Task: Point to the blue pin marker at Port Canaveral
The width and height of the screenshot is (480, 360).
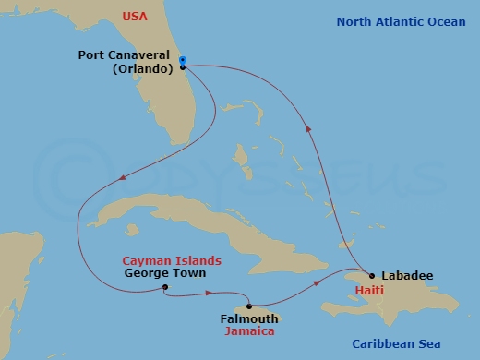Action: pyautogui.click(x=183, y=61)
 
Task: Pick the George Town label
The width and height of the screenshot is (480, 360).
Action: pyautogui.click(x=166, y=273)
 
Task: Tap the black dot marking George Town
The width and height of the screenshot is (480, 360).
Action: pyautogui.click(x=164, y=287)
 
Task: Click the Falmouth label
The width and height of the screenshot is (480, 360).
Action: pyautogui.click(x=246, y=318)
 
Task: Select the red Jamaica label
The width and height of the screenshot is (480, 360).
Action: pyautogui.click(x=251, y=330)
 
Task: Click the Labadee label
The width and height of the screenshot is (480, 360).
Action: pyautogui.click(x=406, y=275)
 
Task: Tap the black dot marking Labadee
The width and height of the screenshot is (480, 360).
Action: pyautogui.click(x=371, y=275)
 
